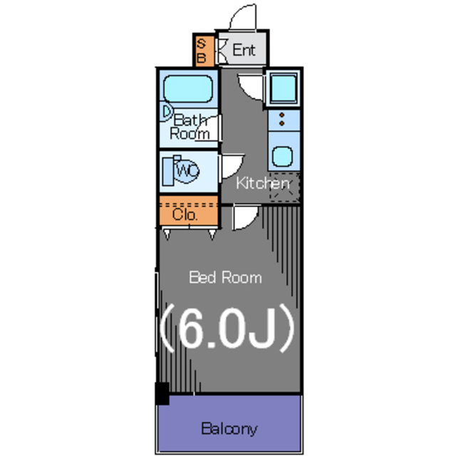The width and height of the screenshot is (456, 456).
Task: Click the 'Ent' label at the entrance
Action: coord(244,51)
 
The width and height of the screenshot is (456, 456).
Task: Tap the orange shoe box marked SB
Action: coord(201,50)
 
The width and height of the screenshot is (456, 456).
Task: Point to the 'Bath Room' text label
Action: coord(190,126)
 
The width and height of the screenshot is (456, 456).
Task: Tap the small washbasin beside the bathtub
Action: coord(165,112)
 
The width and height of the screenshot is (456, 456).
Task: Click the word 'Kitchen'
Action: coord(263,183)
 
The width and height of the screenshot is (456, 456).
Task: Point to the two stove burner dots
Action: coord(282,120)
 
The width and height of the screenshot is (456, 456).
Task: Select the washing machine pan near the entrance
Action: coord(284,89)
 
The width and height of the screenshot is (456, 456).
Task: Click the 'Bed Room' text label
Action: coord(225,277)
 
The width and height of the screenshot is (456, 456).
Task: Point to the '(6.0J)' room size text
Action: coord(225,328)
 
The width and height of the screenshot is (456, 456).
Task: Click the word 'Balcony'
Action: coord(229,429)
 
